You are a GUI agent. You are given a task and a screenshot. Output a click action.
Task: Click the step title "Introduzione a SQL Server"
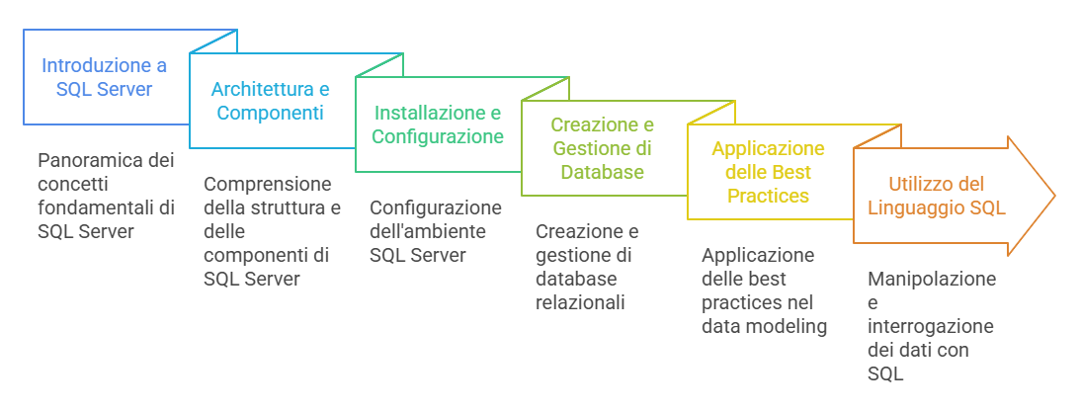point(104,77)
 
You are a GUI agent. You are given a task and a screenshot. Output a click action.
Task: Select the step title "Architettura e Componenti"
point(270,101)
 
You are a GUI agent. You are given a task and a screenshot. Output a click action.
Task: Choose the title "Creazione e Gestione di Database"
point(603,148)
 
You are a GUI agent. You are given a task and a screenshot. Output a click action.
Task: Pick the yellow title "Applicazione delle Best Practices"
point(768,172)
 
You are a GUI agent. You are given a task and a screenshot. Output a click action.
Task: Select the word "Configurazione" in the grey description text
point(436,208)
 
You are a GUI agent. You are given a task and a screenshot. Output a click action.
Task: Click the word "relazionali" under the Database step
point(580,302)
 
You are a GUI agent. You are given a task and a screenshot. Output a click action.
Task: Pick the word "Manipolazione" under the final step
point(932,280)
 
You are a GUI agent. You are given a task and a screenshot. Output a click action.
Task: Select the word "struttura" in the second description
point(296,208)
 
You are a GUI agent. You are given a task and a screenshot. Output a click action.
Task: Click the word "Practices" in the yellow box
point(768,196)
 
